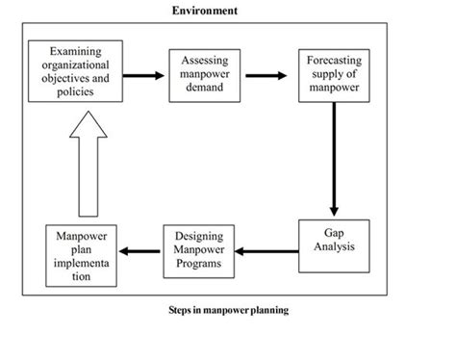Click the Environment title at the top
[205, 11]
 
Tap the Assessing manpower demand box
[204, 73]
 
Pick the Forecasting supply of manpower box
[334, 73]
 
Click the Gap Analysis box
[333, 248]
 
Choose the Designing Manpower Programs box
[197, 250]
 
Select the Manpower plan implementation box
[82, 256]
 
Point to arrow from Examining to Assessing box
[144, 74]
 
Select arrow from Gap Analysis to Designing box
[266, 252]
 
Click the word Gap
[333, 234]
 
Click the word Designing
[198, 237]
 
